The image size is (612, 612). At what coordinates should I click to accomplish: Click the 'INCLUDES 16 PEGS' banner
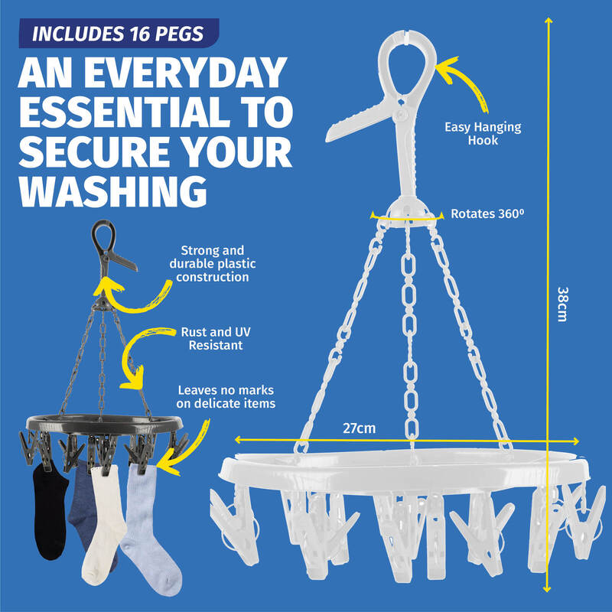pyautogui.click(x=119, y=34)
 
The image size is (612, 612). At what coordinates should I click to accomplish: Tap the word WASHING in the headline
pyautogui.click(x=112, y=191)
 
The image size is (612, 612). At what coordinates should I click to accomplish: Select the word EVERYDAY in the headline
pyautogui.click(x=185, y=73)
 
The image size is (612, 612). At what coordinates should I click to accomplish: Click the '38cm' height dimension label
pyautogui.click(x=562, y=304)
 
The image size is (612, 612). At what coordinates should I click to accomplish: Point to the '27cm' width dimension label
pyautogui.click(x=359, y=428)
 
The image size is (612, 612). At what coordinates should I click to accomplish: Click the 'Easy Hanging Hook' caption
pyautogui.click(x=483, y=133)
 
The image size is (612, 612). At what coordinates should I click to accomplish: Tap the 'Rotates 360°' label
pyautogui.click(x=487, y=213)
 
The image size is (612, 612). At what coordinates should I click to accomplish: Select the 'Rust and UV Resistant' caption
pyautogui.click(x=216, y=338)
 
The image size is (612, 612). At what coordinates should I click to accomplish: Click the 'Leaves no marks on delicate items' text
pyautogui.click(x=226, y=396)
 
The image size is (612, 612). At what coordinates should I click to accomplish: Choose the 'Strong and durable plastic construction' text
pyautogui.click(x=213, y=263)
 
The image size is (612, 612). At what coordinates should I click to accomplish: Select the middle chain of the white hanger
pyautogui.click(x=409, y=336)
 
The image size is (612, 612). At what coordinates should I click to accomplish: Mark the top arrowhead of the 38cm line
pyautogui.click(x=549, y=20)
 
